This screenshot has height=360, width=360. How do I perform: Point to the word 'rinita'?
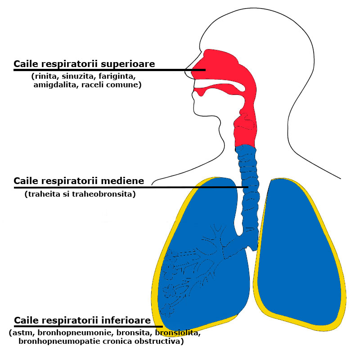[x=47, y=76]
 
